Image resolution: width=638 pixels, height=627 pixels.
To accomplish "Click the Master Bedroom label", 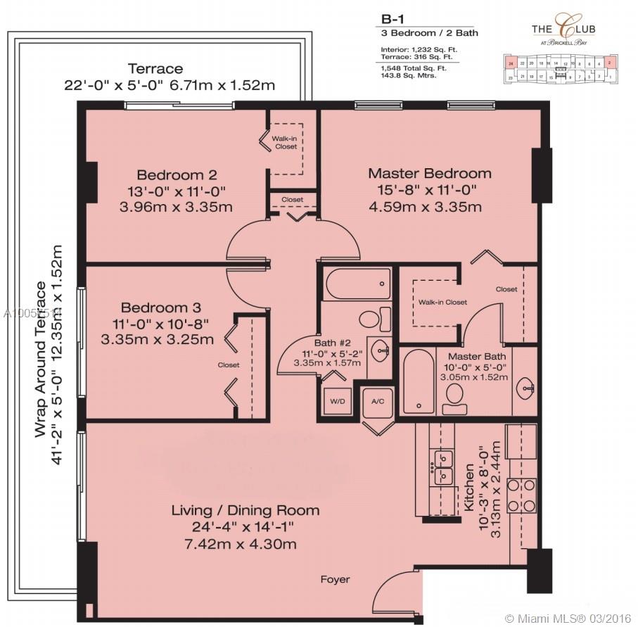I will coord(430,173).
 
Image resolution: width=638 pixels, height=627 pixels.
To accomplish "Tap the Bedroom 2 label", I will coord(177,175).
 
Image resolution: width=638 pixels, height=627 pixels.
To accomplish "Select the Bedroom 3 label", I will coord(160,308).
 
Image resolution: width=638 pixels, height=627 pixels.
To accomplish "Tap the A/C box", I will coord(377,401).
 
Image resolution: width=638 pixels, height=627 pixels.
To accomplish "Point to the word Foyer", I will coord(335,579).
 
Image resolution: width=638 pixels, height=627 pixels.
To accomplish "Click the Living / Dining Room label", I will coord(245,510).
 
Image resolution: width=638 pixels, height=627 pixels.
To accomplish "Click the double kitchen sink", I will coord(442,467).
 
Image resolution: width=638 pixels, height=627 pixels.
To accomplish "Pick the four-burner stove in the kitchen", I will coord(522,495).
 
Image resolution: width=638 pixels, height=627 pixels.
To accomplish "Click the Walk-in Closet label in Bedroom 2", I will coord(285,142).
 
